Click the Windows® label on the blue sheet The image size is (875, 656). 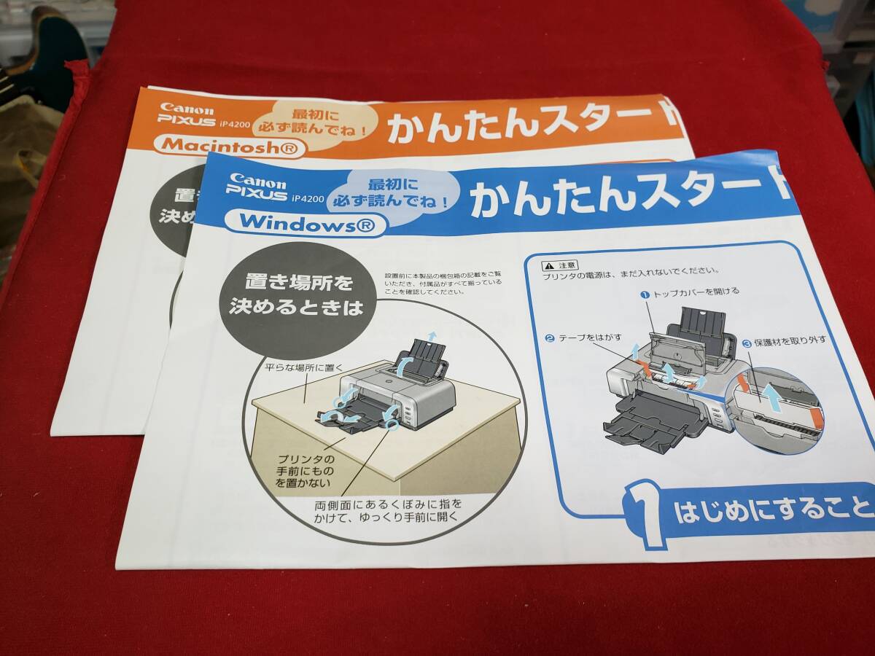[305, 224]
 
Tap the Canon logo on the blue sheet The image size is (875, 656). [257, 181]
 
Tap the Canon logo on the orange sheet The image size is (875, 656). [187, 109]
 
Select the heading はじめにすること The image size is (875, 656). [773, 508]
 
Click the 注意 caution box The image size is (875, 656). [561, 265]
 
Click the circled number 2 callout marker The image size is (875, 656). [550, 338]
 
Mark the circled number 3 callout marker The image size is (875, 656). [747, 343]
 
